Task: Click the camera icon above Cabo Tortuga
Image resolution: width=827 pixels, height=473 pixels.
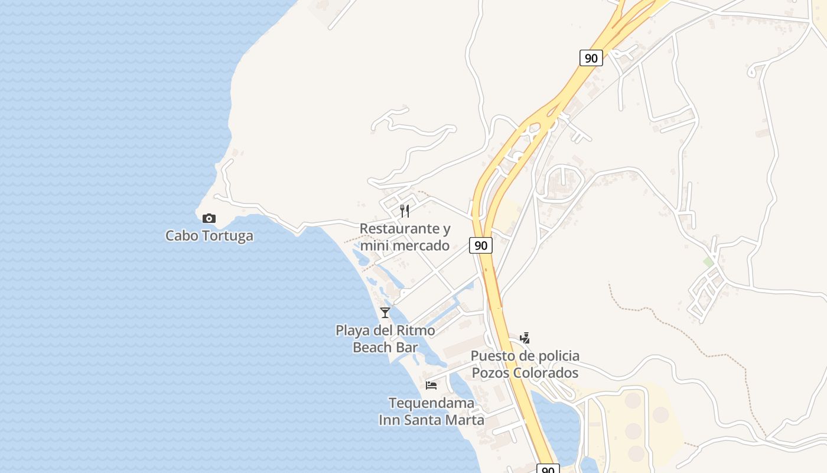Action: coord(209,218)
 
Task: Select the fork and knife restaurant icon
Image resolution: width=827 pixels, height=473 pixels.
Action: coord(405,211)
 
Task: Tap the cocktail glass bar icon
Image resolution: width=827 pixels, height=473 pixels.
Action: coord(385,312)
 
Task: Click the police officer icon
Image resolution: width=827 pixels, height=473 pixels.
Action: coord(525,338)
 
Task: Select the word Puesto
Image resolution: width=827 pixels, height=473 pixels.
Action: coord(491,356)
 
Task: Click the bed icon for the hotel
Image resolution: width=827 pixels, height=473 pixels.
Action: coord(431,385)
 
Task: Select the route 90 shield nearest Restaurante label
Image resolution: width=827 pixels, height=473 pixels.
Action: coord(481,245)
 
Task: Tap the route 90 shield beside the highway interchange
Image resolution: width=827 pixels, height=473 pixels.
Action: coord(591,58)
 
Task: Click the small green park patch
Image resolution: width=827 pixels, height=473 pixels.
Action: coord(708,262)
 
